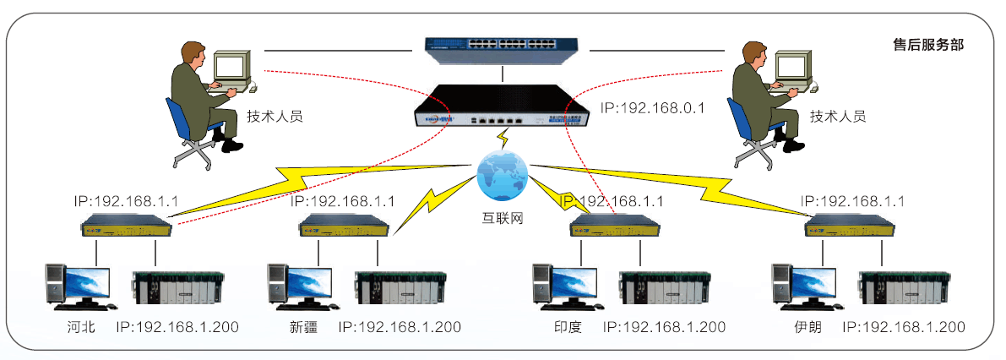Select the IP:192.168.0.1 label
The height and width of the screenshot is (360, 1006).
(x=652, y=107)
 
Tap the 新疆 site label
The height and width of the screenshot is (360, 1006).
(x=302, y=327)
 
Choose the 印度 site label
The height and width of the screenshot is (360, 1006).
(x=568, y=327)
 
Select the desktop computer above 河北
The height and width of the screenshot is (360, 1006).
(x=78, y=285)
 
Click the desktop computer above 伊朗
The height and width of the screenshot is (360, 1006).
(x=804, y=285)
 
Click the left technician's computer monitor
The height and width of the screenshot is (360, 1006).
(x=231, y=67)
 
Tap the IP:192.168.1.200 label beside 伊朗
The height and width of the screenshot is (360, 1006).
(x=904, y=327)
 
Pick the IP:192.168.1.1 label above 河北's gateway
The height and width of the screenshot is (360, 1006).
(x=126, y=202)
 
